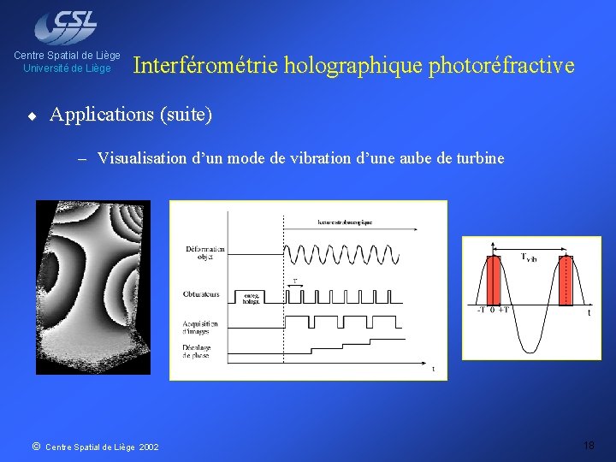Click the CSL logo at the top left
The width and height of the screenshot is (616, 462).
pyautogui.click(x=66, y=26)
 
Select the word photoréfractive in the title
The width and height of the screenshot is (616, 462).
pyautogui.click(x=501, y=65)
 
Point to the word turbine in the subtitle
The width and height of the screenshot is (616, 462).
pyautogui.click(x=481, y=158)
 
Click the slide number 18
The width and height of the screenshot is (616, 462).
pyautogui.click(x=589, y=446)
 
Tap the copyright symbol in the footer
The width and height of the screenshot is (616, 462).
pyautogui.click(x=35, y=446)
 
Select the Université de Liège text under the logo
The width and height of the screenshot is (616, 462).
pyautogui.click(x=67, y=68)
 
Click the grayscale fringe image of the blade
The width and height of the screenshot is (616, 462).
pyautogui.click(x=92, y=287)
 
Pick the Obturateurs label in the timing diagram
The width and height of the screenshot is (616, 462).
pyautogui.click(x=201, y=294)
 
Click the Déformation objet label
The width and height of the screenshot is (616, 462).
pyautogui.click(x=204, y=252)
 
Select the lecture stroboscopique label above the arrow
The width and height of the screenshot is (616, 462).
pyautogui.click(x=345, y=222)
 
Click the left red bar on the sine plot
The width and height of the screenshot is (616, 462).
pyautogui.click(x=493, y=280)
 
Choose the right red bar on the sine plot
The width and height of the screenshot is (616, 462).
pyautogui.click(x=564, y=280)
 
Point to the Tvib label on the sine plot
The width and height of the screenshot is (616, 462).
pyautogui.click(x=530, y=257)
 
